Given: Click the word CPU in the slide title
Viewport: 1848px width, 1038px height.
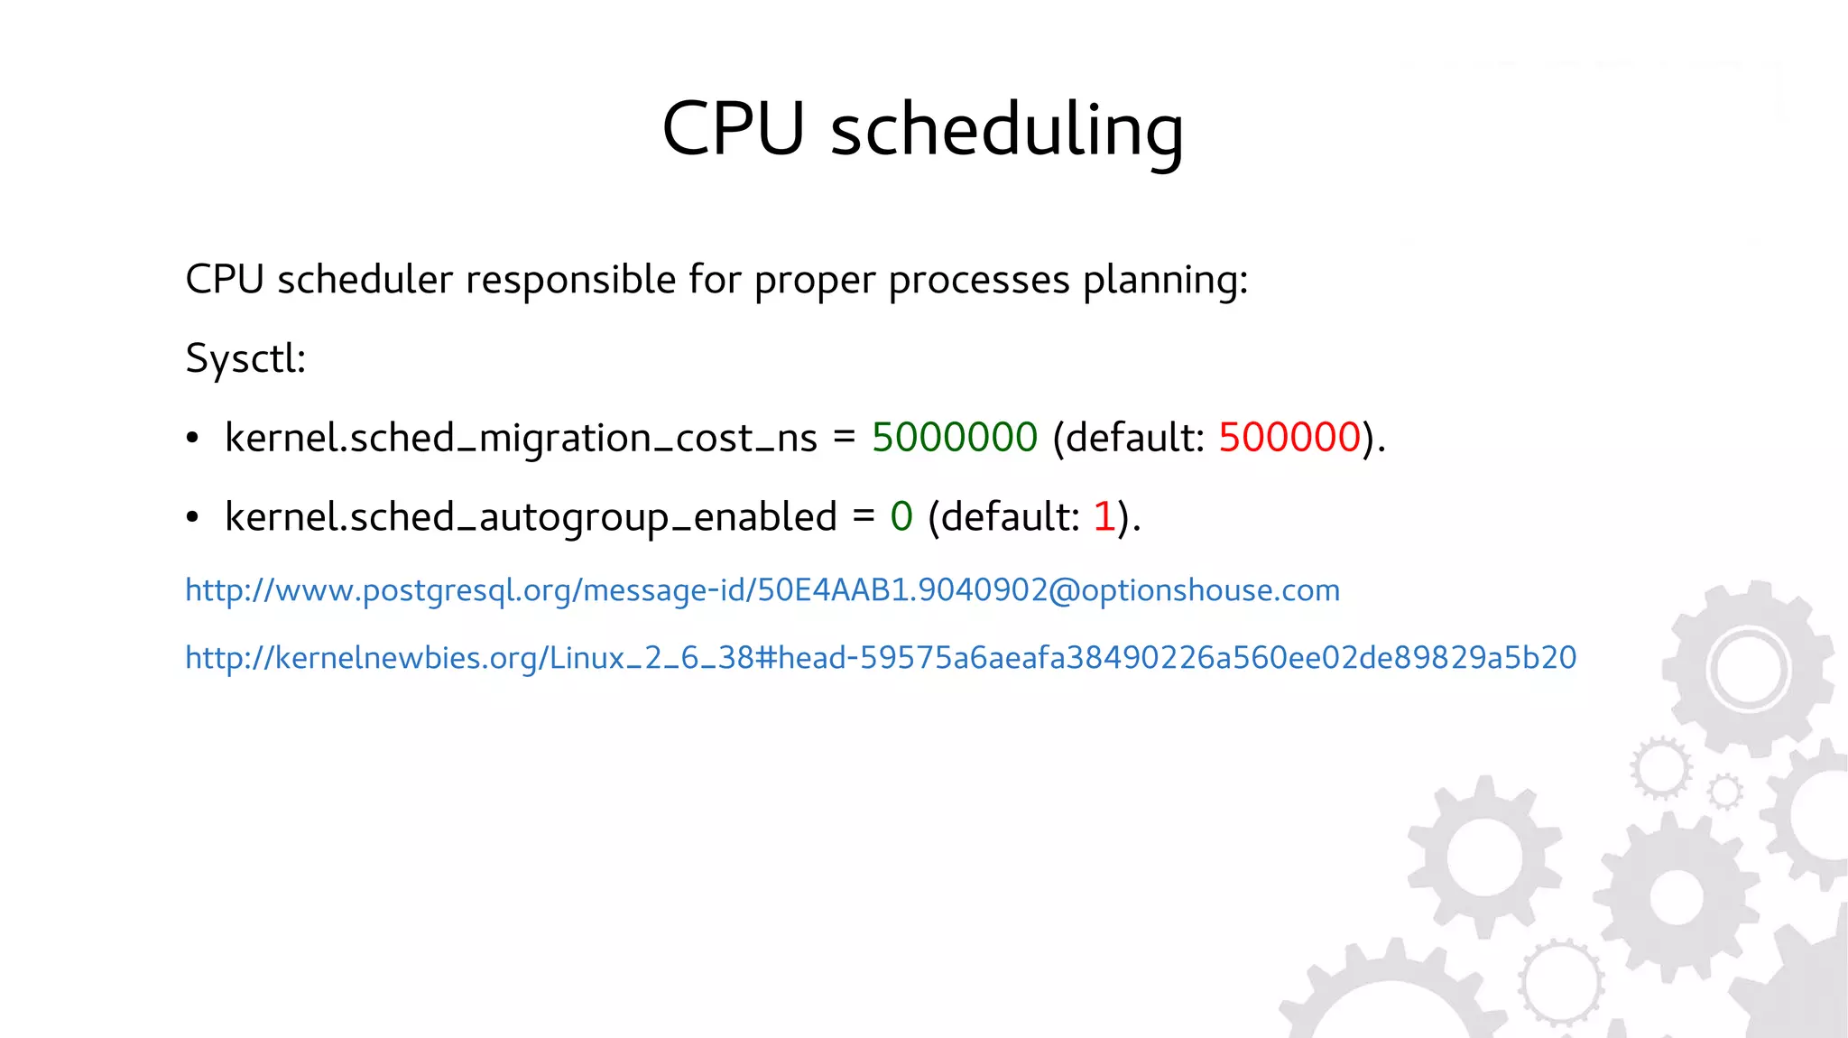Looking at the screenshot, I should click(x=733, y=129).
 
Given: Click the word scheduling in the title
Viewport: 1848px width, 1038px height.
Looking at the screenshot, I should click(x=1006, y=131).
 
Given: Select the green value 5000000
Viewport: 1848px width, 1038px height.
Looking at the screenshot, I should click(x=955, y=438).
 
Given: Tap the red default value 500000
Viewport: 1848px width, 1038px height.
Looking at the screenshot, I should click(x=1289, y=438).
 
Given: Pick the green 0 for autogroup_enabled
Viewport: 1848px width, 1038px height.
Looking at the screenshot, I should click(x=901, y=517).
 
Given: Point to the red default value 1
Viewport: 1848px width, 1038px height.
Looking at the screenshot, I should click(x=1104, y=517).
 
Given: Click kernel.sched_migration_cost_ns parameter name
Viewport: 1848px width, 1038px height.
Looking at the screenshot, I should click(x=521, y=439).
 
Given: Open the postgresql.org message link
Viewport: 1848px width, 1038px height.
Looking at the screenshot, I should click(x=762, y=590).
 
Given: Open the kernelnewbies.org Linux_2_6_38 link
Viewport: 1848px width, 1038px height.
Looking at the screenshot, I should click(x=881, y=657).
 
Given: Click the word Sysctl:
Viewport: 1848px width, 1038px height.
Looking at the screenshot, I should click(x=245, y=359).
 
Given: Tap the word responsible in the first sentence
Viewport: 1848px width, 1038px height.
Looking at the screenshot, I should click(x=570, y=280).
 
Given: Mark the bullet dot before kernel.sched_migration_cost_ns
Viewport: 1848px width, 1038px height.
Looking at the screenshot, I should click(x=192, y=439).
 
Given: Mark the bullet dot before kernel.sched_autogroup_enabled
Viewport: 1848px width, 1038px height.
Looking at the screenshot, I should click(x=192, y=518).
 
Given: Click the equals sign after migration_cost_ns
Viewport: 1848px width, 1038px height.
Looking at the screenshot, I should click(x=844, y=438).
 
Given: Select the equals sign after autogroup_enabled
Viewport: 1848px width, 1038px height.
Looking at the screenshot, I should click(x=864, y=517).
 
